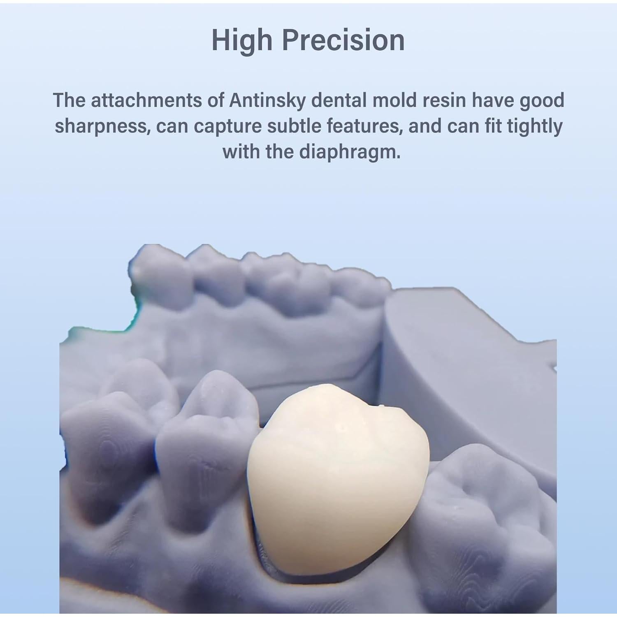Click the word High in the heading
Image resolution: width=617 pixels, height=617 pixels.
tap(242, 41)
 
